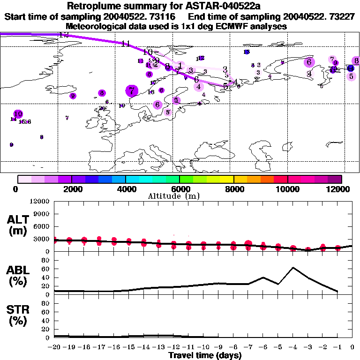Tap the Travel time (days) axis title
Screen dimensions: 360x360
pyautogui.click(x=205, y=356)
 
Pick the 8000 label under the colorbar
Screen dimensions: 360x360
pyautogui.click(x=233, y=189)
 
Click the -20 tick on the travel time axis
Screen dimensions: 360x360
pyautogui.click(x=54, y=347)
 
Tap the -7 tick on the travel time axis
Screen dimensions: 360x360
pyautogui.click(x=248, y=347)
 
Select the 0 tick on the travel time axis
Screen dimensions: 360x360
pyautogui.click(x=352, y=347)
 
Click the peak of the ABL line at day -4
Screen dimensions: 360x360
pyautogui.click(x=293, y=267)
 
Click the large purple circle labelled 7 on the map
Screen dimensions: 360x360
pyautogui.click(x=132, y=91)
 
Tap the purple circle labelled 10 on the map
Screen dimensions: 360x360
pyautogui.click(x=18, y=114)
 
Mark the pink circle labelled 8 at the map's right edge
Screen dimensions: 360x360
pyautogui.click(x=356, y=61)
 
